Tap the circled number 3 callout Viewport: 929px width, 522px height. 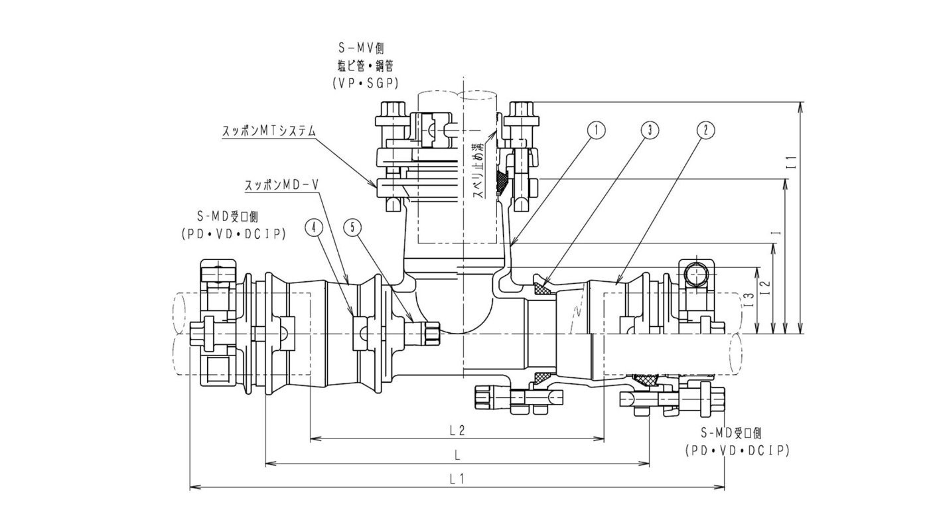649,131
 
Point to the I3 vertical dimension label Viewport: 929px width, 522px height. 749,300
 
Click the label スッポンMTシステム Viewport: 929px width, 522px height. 268,131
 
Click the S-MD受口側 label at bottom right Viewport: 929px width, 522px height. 735,433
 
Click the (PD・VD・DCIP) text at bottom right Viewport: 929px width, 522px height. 736,450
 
